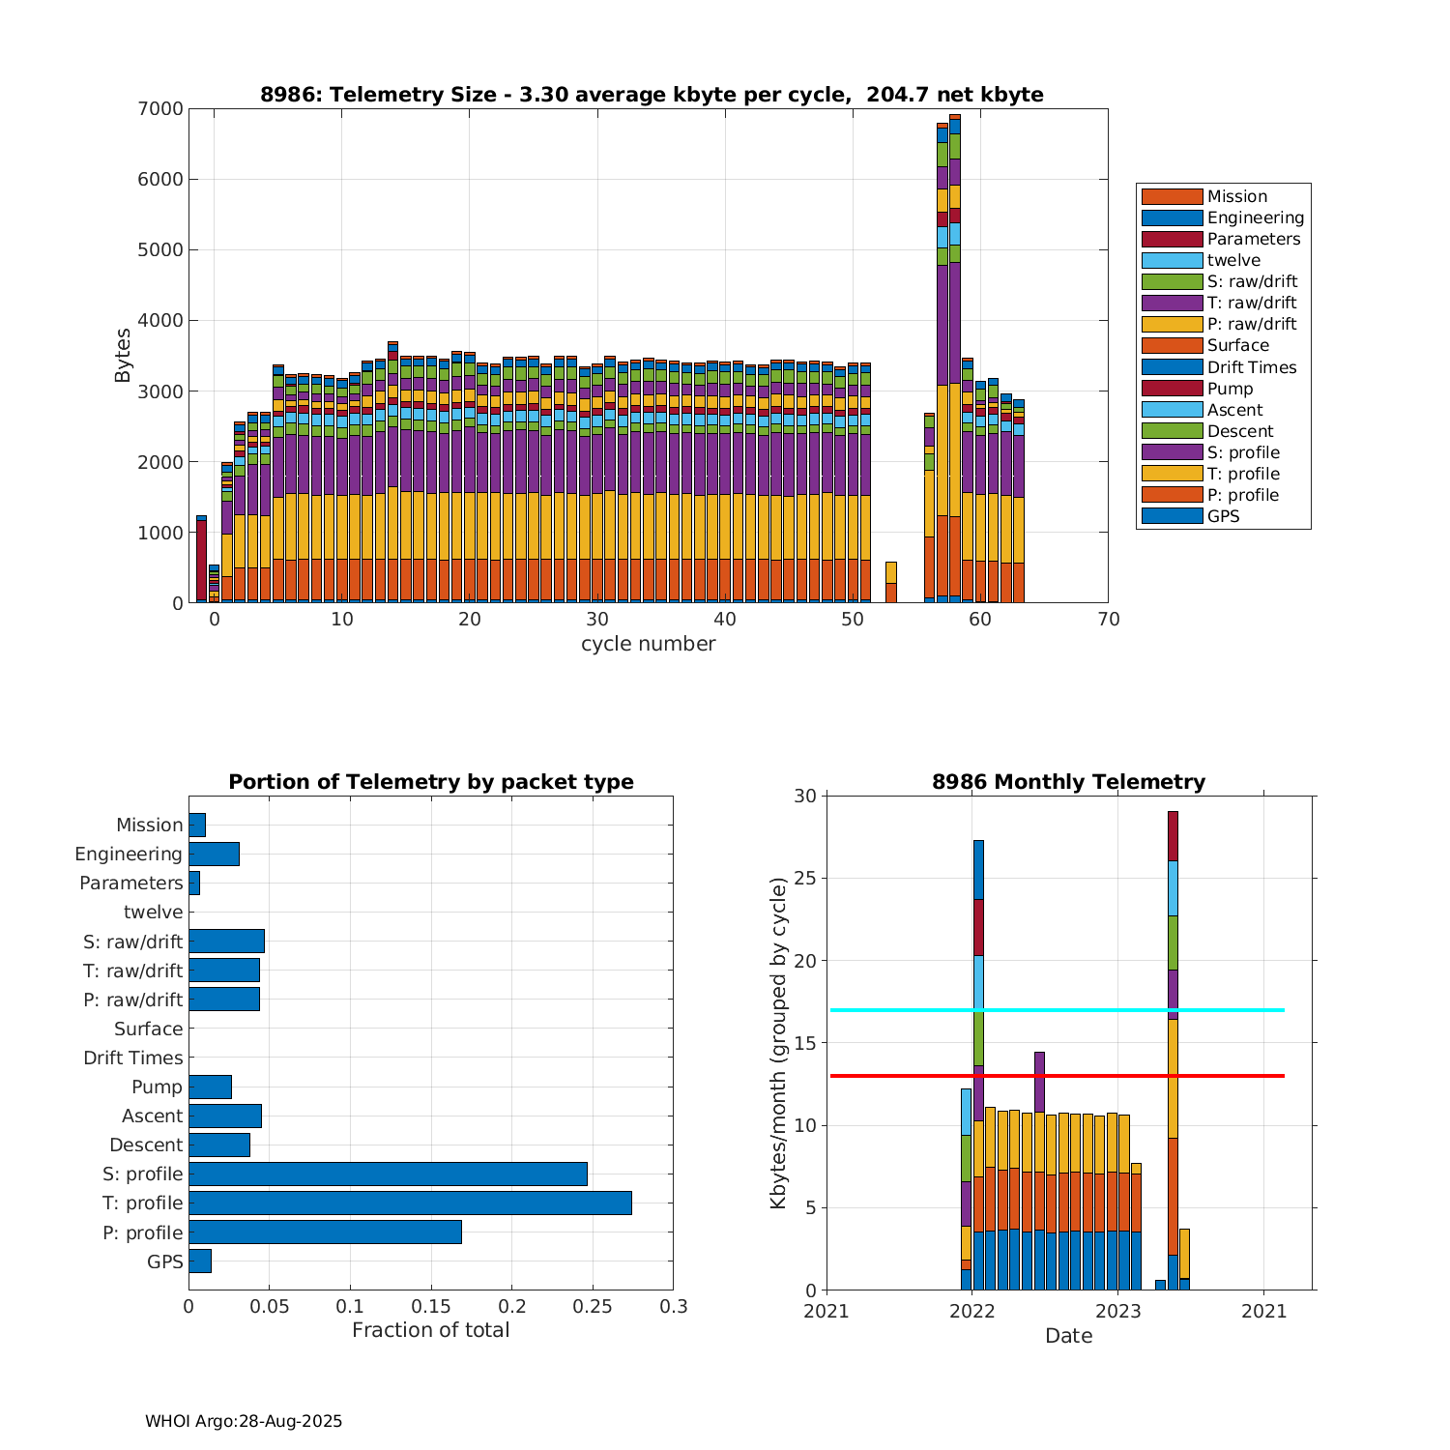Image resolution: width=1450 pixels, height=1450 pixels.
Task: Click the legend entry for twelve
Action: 1233,260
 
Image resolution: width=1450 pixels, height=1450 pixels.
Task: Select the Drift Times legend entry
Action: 1251,367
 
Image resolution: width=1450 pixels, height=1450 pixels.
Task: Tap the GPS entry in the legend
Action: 1223,516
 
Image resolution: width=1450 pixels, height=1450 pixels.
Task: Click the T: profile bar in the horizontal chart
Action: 410,1203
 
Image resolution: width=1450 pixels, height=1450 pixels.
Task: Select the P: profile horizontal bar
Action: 325,1232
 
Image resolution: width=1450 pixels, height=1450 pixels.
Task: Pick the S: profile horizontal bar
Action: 388,1174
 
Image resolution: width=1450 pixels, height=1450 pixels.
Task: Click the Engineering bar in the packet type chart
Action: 214,854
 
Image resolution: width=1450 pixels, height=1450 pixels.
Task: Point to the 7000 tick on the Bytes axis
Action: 160,108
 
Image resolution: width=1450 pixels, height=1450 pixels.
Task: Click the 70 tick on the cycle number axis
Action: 1109,620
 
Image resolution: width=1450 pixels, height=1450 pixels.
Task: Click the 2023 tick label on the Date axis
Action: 1118,1311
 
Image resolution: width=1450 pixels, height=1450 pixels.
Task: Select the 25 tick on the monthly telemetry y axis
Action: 806,878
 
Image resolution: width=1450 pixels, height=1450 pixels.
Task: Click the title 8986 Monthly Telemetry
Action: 1068,782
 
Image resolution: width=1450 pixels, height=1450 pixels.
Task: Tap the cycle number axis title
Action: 648,644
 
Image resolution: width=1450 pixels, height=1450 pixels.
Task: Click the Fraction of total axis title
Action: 430,1330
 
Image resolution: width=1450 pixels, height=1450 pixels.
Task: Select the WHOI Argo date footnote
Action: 244,1421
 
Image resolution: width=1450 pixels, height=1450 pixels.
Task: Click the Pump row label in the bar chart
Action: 157,1087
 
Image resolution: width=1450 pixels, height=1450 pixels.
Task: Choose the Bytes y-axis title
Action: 123,356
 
